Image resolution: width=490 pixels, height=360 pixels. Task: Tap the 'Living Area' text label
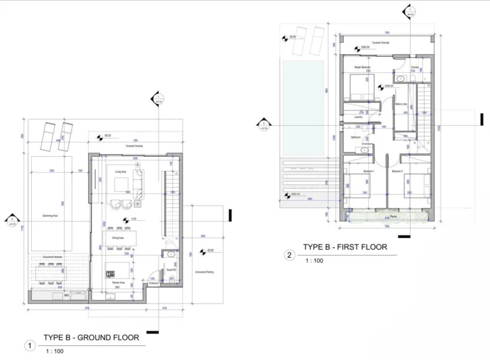point(119,172)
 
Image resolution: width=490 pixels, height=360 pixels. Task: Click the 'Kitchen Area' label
point(117,281)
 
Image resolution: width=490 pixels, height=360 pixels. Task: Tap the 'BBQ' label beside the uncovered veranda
point(67,296)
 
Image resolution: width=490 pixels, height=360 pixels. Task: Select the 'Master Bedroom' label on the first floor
point(362,67)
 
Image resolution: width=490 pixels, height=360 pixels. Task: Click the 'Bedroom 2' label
point(397,172)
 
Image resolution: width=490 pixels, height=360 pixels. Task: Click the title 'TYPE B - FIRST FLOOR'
point(345,246)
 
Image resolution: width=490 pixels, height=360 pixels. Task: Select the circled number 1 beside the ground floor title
point(29,346)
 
